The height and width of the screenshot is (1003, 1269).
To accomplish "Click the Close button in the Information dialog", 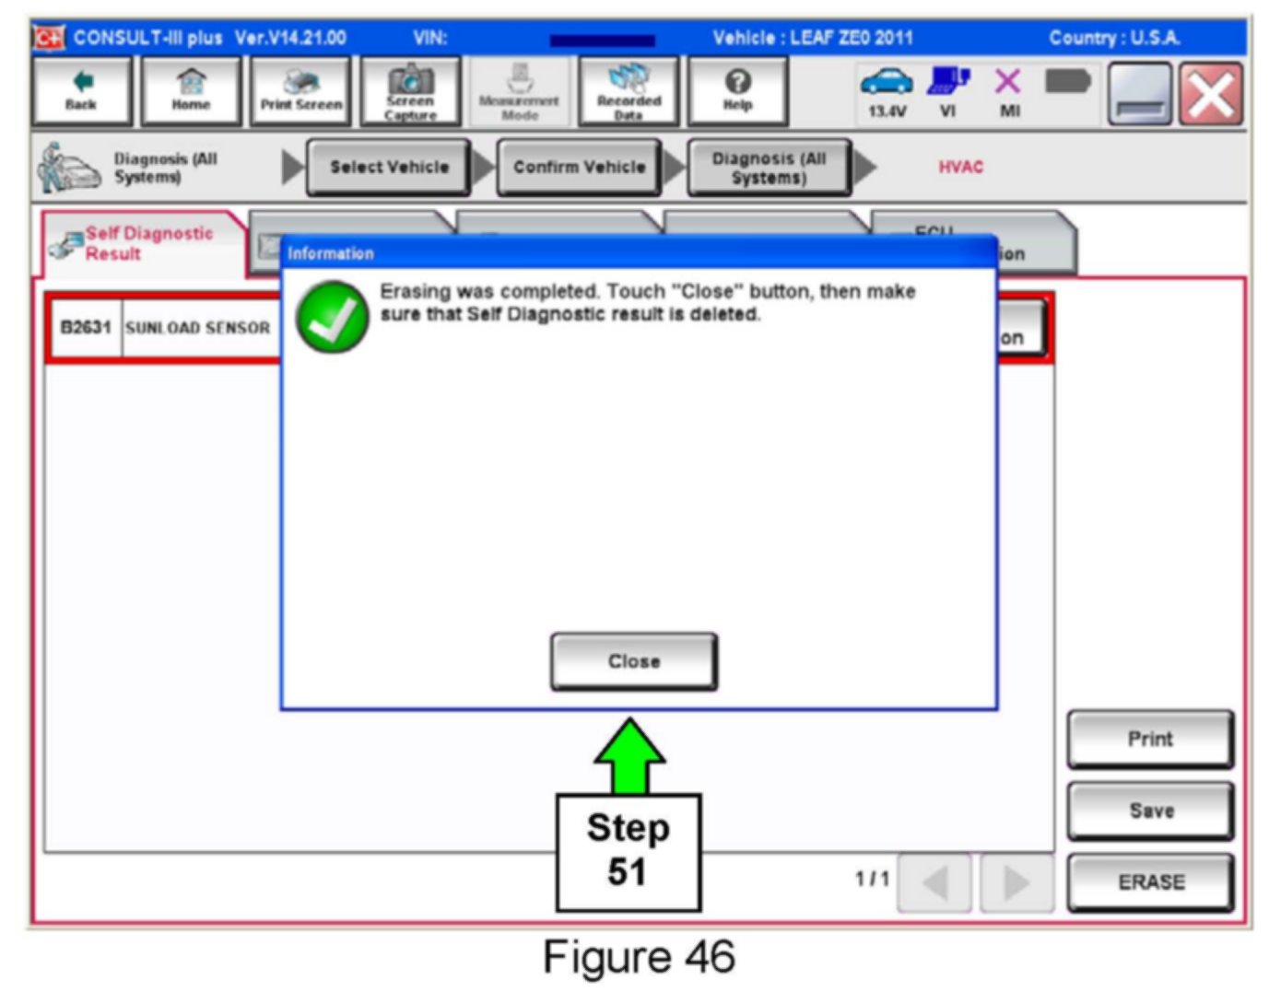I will tap(633, 661).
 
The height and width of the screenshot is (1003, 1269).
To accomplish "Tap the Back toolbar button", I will tap(82, 91).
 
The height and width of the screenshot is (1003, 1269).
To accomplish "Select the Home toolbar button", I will tap(191, 91).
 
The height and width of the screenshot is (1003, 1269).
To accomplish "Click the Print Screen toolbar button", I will tap(300, 91).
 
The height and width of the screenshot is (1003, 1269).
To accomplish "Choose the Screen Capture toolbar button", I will tap(410, 91).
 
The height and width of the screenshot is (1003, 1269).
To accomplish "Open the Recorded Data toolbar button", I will tap(629, 91).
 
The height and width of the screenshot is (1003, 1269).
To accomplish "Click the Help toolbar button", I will tap(737, 91).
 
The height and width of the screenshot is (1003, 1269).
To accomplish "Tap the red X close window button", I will tap(1211, 94).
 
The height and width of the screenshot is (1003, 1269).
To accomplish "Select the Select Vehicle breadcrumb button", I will tap(389, 167).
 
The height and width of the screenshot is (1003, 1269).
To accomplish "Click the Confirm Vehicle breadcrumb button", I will tap(579, 167).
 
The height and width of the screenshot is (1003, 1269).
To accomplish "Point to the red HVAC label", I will tap(960, 167).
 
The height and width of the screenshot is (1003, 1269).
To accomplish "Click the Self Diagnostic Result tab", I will tap(146, 244).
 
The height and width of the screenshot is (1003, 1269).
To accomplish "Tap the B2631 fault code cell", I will tap(85, 328).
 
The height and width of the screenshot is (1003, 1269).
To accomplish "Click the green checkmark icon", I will tap(332, 316).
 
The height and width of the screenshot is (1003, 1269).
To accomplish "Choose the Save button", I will tap(1150, 811).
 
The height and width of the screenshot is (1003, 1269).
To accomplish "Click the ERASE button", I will tap(1150, 882).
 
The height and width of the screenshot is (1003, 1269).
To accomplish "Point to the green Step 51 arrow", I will tap(629, 755).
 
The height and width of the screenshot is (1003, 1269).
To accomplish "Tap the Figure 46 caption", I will tap(638, 957).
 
